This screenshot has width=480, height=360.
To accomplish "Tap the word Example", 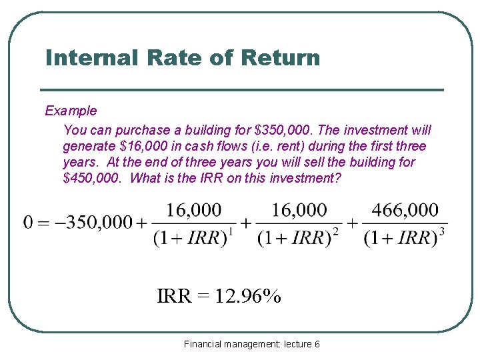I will pyautogui.click(x=71, y=111).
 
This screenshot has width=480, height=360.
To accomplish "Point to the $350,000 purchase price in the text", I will pyautogui.click(x=279, y=130).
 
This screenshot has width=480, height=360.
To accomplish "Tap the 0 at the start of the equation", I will pyautogui.click(x=28, y=223).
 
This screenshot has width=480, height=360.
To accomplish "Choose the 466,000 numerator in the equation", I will pyautogui.click(x=405, y=211).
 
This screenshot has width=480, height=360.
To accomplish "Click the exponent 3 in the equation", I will pyautogui.click(x=441, y=232).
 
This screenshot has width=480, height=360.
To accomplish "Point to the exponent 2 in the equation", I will pyautogui.click(x=335, y=232).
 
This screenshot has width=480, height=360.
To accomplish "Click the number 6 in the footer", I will pyautogui.click(x=317, y=344).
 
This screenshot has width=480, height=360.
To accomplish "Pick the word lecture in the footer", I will pyautogui.click(x=297, y=344).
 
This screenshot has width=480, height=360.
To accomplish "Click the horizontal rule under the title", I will pyautogui.click(x=241, y=90).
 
